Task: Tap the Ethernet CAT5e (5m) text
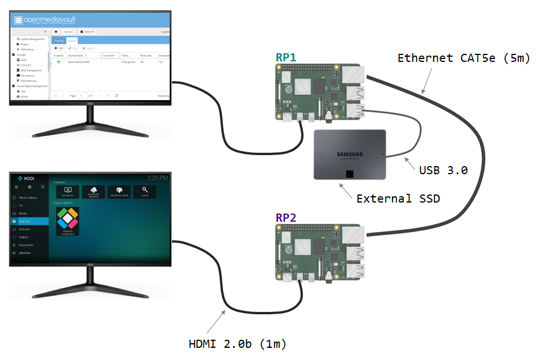point(464,58)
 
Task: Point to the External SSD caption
point(398,199)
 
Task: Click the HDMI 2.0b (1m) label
point(237,344)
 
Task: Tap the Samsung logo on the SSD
point(350,154)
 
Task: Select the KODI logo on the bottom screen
point(25,178)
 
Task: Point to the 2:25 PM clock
point(158,177)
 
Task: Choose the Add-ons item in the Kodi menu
point(25,221)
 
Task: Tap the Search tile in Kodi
point(145,191)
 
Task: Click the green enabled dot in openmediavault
point(58,62)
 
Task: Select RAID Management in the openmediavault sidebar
point(30,69)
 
